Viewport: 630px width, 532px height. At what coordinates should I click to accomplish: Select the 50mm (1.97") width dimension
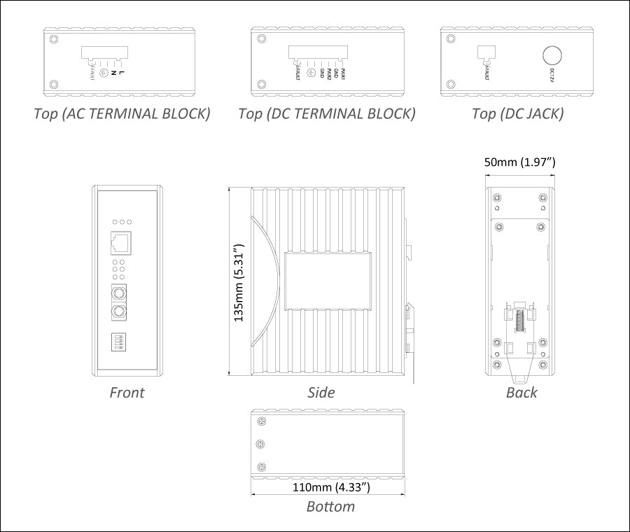click(x=520, y=162)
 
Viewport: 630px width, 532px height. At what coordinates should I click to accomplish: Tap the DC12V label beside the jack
click(x=553, y=75)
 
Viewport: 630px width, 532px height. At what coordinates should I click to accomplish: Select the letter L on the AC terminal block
click(x=122, y=71)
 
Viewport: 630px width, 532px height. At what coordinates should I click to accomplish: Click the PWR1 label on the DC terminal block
click(x=344, y=72)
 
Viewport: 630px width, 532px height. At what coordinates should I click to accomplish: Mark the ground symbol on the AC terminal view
click(x=104, y=72)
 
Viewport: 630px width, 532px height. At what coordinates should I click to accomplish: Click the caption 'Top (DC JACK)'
click(x=517, y=114)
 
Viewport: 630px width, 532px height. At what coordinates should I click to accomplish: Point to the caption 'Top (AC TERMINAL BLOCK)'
click(x=122, y=114)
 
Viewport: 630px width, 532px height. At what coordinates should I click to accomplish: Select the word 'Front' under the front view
click(x=127, y=393)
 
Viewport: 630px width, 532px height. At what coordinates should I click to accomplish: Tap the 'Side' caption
click(x=321, y=393)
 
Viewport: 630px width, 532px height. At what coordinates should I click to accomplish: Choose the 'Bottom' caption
click(x=330, y=506)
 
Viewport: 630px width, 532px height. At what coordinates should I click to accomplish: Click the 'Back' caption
click(x=521, y=393)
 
